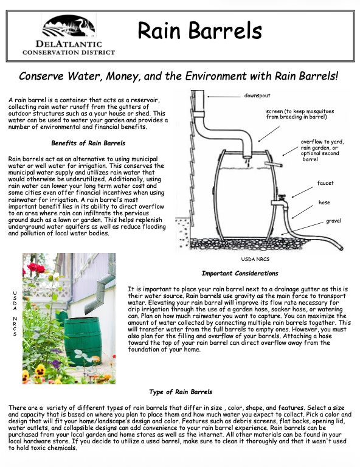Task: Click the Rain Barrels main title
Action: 199,30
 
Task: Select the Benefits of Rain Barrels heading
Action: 88,144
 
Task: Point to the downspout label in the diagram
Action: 257,96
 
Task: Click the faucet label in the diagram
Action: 325,183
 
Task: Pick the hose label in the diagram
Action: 324,202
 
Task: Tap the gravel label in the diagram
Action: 334,220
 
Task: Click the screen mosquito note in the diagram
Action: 300,114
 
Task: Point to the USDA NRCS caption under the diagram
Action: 255,259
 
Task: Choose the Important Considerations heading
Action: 240,274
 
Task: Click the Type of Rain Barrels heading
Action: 181,392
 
